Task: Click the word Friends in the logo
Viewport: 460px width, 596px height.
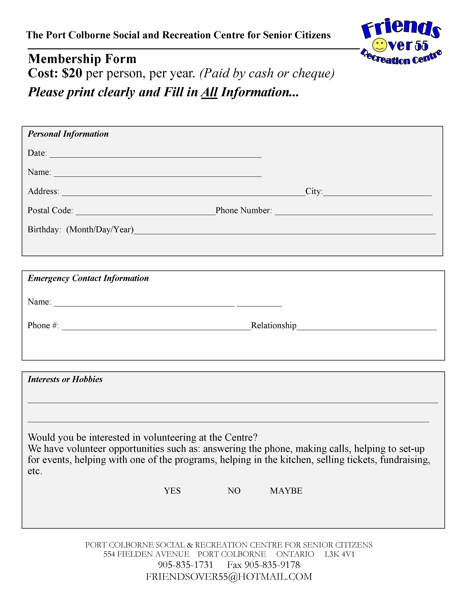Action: pyautogui.click(x=401, y=29)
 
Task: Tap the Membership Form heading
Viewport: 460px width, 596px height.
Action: pyautogui.click(x=82, y=59)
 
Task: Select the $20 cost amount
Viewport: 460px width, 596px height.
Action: pyautogui.click(x=72, y=73)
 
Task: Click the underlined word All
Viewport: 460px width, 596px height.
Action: pyautogui.click(x=209, y=92)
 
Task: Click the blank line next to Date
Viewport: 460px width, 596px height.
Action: pyautogui.click(x=155, y=155)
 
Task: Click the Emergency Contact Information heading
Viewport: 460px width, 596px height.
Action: pyautogui.click(x=88, y=278)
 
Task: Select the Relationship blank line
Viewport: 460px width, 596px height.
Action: pyautogui.click(x=367, y=327)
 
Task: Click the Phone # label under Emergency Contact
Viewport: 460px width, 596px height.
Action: pyautogui.click(x=43, y=325)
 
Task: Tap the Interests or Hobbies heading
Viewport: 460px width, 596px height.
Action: pyautogui.click(x=65, y=379)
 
